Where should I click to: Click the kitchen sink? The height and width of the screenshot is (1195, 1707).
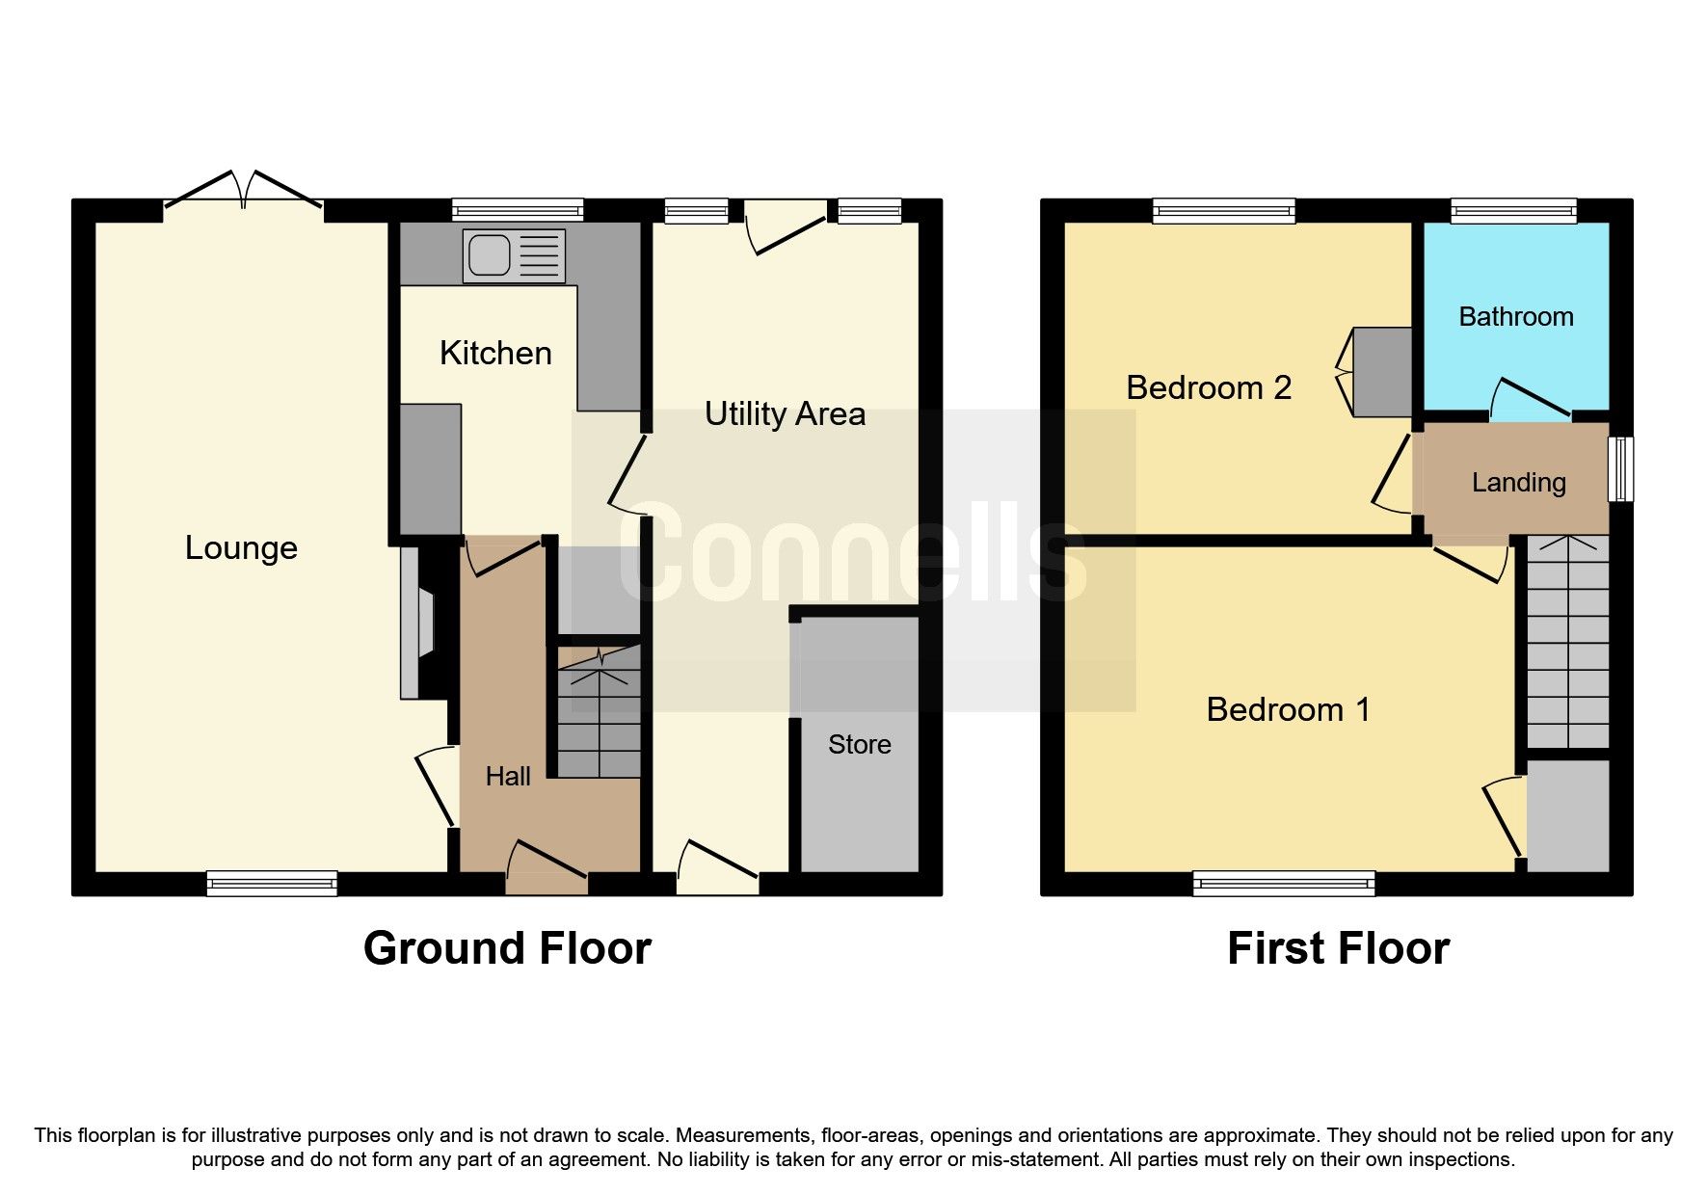tap(513, 255)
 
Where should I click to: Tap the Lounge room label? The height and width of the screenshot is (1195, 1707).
tap(241, 547)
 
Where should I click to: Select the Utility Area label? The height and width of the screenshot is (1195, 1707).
tap(784, 413)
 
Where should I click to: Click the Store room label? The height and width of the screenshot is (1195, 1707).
tap(859, 744)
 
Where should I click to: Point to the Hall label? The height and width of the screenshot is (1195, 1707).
tap(508, 776)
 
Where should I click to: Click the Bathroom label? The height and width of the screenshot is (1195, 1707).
tap(1515, 316)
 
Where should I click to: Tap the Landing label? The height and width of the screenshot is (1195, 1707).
tap(1518, 482)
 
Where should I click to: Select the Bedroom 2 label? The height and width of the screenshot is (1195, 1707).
tap(1208, 387)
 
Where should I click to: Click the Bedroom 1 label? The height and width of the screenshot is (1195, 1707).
tap(1287, 709)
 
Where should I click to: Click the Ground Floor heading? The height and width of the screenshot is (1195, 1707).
tap(507, 948)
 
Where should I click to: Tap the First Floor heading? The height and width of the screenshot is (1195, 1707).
tap(1337, 948)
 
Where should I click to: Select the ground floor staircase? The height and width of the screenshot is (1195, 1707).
tap(599, 713)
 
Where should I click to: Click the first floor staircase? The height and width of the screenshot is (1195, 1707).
tap(1568, 641)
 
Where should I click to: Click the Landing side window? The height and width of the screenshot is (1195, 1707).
tap(1621, 468)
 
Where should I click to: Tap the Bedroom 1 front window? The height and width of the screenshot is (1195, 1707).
tap(1283, 883)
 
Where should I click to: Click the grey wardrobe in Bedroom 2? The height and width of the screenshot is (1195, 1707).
tap(1381, 372)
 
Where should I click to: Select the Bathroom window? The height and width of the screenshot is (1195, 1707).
tap(1513, 210)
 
